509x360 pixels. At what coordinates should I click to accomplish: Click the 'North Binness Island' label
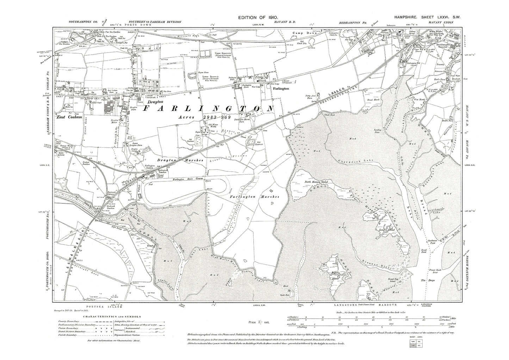pos(316,182)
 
